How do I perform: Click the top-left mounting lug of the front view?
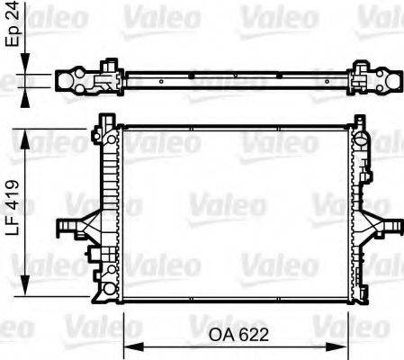(x=105, y=120)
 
